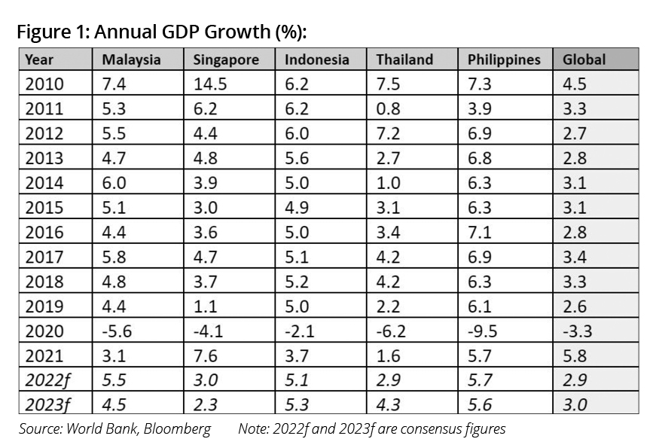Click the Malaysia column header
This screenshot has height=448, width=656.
[131, 59]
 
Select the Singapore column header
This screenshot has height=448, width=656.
[226, 59]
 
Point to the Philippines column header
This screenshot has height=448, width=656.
[504, 59]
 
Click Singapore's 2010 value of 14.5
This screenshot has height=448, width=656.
[209, 84]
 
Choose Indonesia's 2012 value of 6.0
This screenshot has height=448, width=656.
[296, 133]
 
